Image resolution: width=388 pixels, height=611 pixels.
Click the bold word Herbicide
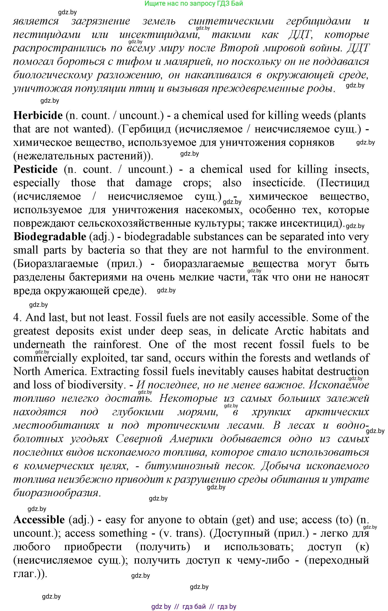click(38, 116)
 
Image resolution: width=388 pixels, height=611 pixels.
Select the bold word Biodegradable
click(50, 237)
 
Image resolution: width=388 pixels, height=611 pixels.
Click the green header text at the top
click(194, 4)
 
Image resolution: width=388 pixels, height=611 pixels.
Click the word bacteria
click(106, 250)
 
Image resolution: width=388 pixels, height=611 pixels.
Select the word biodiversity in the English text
click(95, 385)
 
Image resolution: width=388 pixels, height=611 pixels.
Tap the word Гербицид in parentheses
click(147, 129)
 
